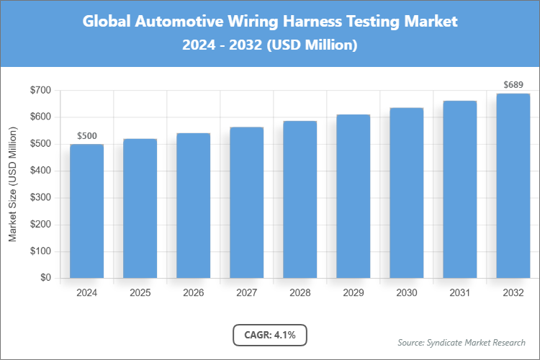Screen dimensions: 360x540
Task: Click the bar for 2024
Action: pyautogui.click(x=86, y=211)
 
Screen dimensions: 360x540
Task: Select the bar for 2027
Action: pyautogui.click(x=246, y=202)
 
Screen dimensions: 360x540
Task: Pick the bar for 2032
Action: pyautogui.click(x=513, y=186)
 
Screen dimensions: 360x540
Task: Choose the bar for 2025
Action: pyautogui.click(x=140, y=208)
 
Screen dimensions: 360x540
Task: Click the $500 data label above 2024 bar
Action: pyautogui.click(x=86, y=135)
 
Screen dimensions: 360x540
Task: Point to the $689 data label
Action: pyautogui.click(x=513, y=85)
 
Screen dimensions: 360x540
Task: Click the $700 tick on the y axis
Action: pyautogui.click(x=40, y=90)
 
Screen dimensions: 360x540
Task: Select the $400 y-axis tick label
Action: pyautogui.click(x=40, y=171)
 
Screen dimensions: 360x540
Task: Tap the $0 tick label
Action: pyautogui.click(x=45, y=278)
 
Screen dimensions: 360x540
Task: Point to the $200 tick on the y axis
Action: pyautogui.click(x=40, y=225)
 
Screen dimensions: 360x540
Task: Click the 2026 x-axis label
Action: pyautogui.click(x=193, y=293)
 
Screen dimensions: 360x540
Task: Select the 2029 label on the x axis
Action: pyautogui.click(x=353, y=293)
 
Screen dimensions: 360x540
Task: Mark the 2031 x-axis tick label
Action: pyautogui.click(x=459, y=293)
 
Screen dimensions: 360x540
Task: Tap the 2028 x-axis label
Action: pyautogui.click(x=300, y=293)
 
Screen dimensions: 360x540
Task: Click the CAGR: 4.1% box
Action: pyautogui.click(x=270, y=335)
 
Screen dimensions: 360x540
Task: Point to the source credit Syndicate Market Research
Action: pyautogui.click(x=462, y=342)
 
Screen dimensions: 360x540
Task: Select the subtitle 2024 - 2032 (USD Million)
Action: pyautogui.click(x=270, y=45)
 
